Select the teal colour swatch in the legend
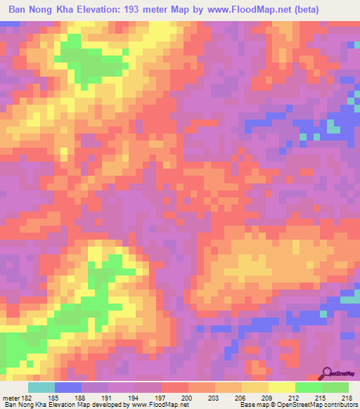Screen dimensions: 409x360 point(41,387)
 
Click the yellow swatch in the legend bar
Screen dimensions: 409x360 point(281,387)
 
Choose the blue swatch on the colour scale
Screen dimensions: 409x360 point(67,387)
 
